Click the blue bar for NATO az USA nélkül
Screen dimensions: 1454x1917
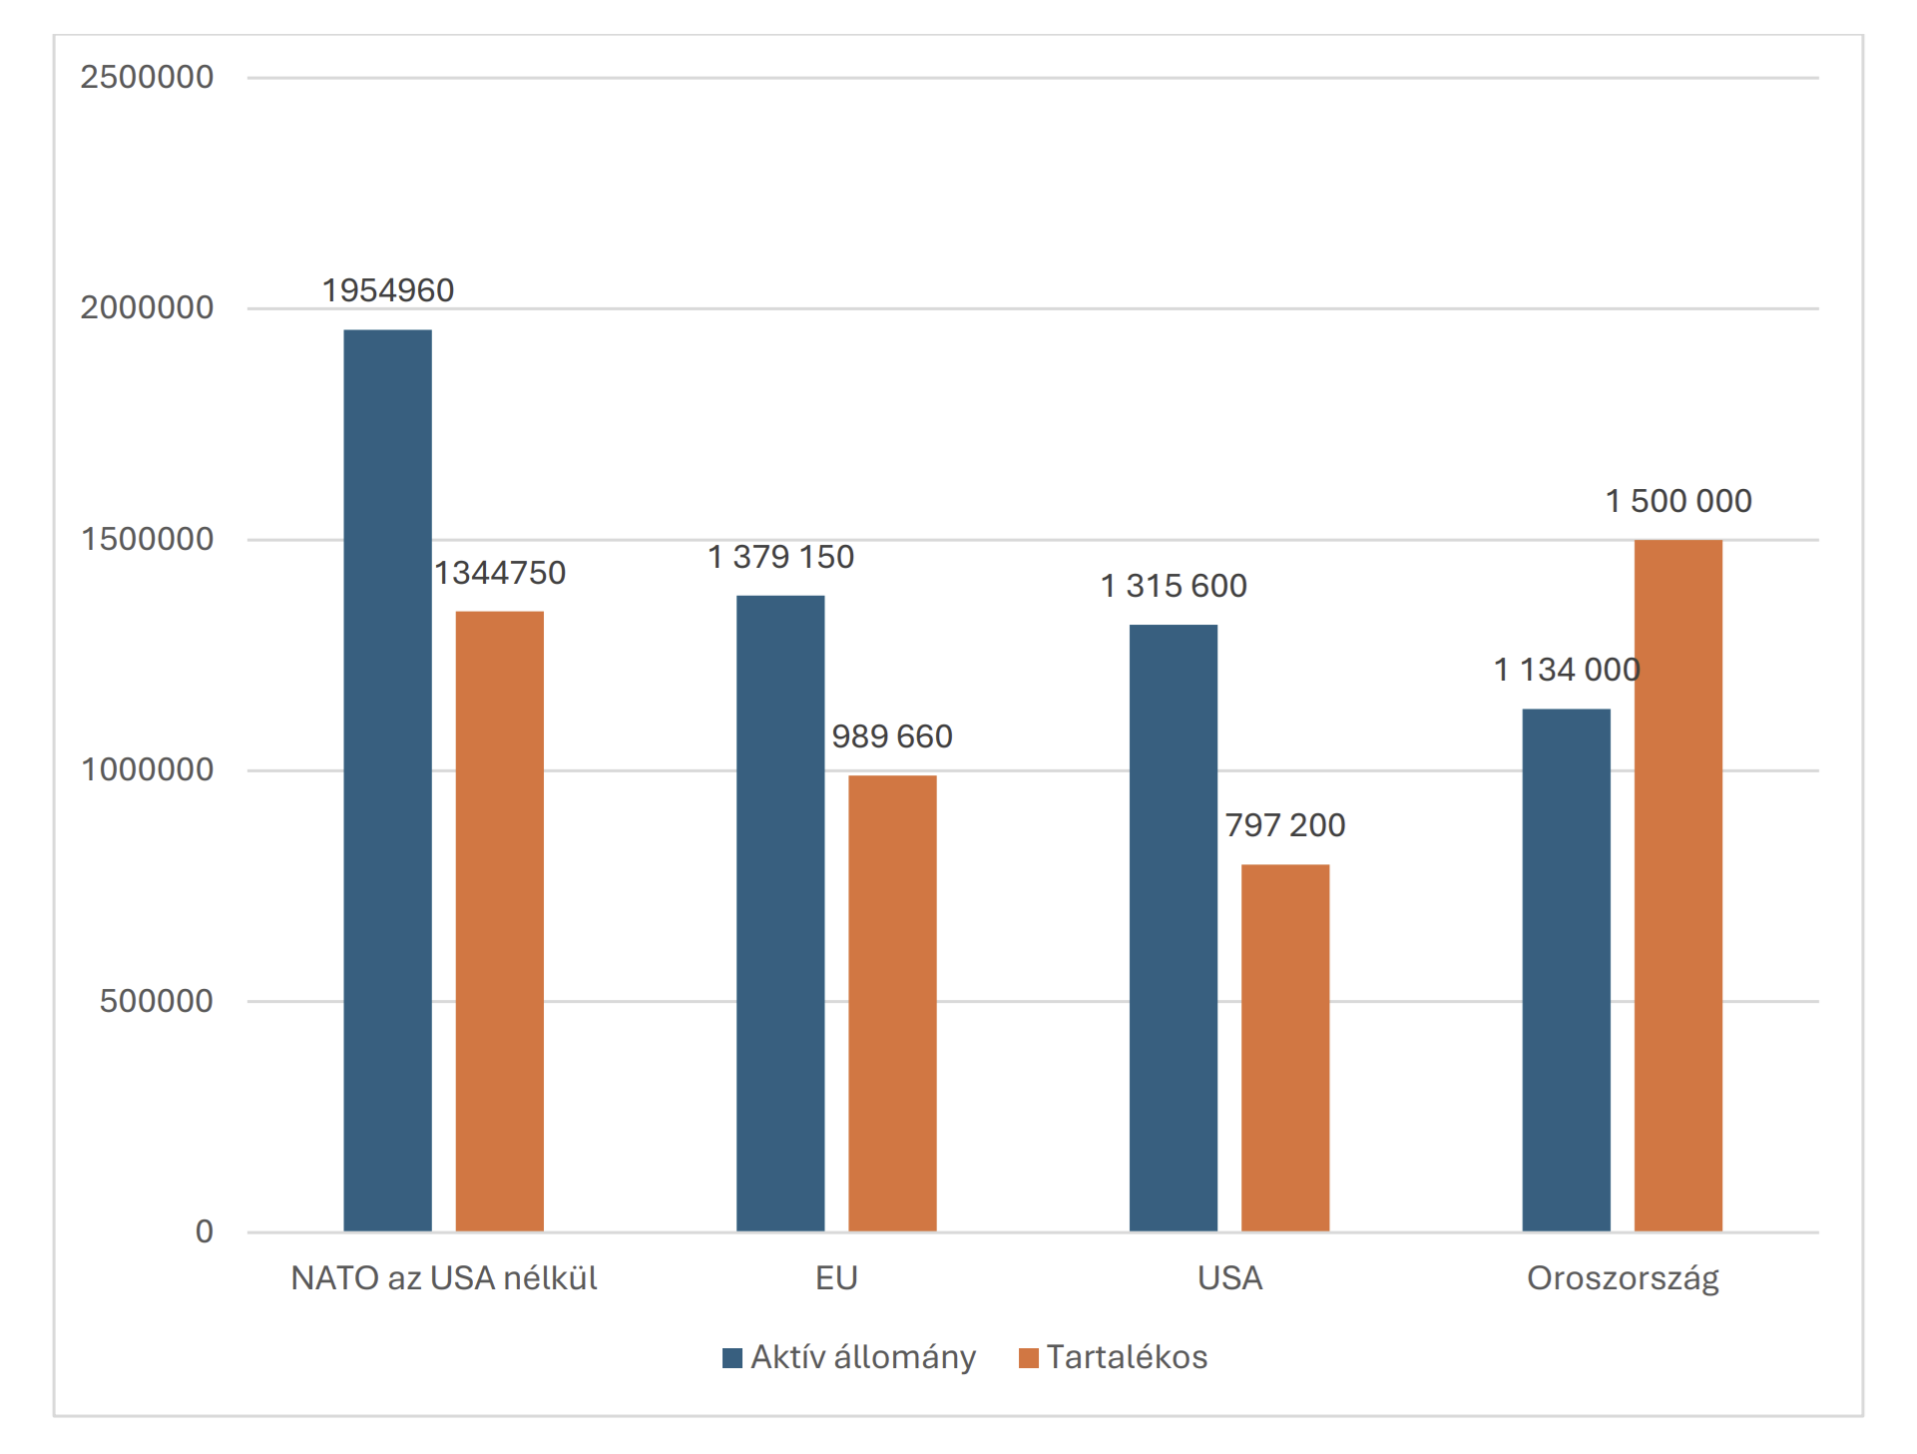[x=387, y=779]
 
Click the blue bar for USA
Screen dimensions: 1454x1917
[x=1173, y=927]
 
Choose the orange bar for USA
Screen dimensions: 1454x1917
[x=1284, y=1047]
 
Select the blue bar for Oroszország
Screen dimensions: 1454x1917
[x=1566, y=969]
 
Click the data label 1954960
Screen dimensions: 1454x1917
[x=387, y=290]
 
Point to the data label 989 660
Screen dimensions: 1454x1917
[x=892, y=736]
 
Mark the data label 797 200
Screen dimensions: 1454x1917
[x=1284, y=825]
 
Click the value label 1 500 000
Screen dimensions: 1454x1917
[x=1677, y=501]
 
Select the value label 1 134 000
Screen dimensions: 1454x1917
[x=1566, y=670]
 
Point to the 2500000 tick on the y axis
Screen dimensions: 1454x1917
[x=147, y=77]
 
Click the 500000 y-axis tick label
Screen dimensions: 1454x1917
[x=156, y=1001]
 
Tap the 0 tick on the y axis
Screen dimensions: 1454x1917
[x=204, y=1231]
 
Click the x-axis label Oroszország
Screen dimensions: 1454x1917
[x=1623, y=1278]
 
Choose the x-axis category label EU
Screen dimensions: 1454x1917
[x=836, y=1278]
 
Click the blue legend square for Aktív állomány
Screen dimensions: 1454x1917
[x=732, y=1358]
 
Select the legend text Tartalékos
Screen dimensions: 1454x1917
[x=1127, y=1357]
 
